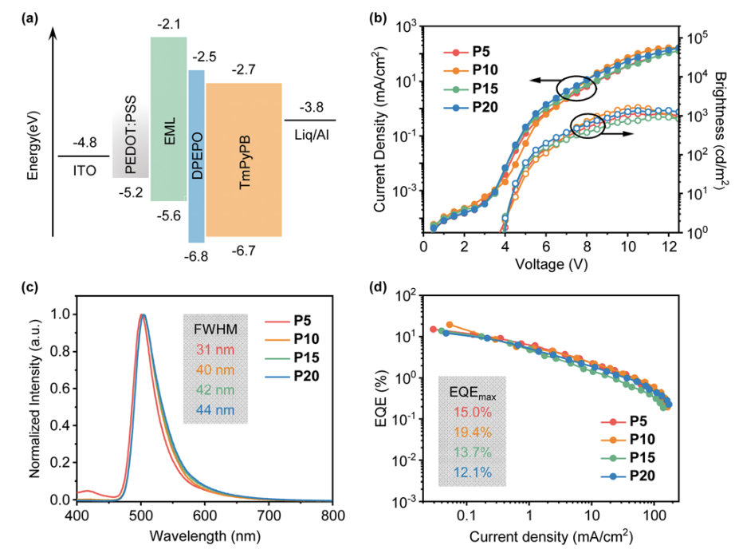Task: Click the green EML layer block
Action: click(x=169, y=120)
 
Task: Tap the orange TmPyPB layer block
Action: click(x=244, y=160)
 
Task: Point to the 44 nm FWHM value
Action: click(x=211, y=413)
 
